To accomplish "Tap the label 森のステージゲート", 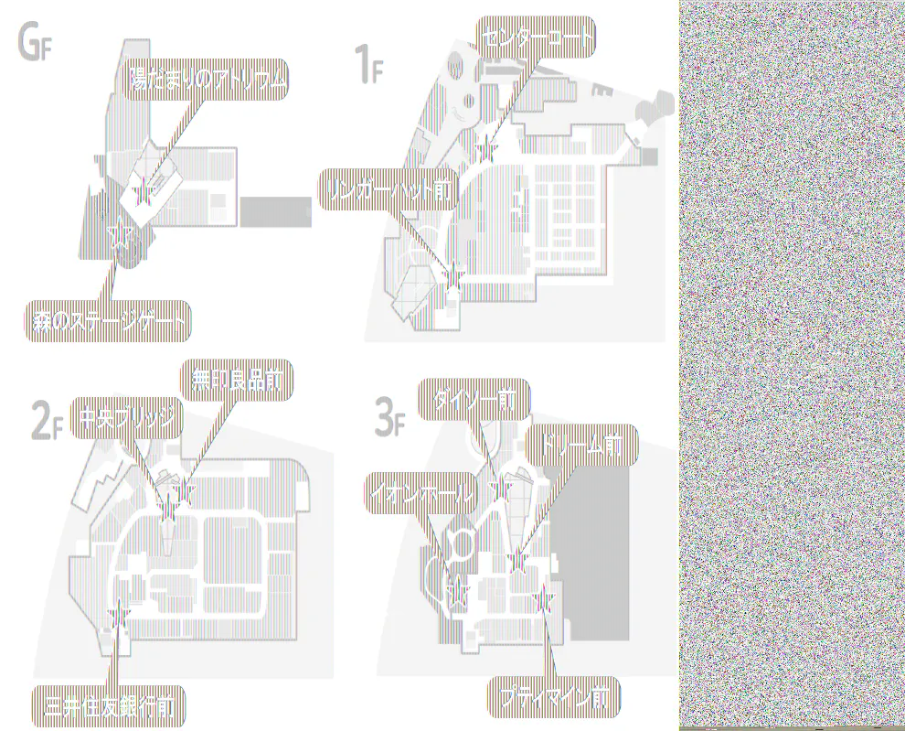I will [106, 321].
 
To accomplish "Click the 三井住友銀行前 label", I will [110, 705].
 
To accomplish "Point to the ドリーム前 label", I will [580, 446].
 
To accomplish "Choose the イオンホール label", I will [421, 494].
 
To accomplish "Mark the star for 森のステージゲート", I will [119, 236].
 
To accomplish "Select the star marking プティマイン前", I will [545, 599].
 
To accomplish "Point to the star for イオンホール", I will [457, 591].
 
